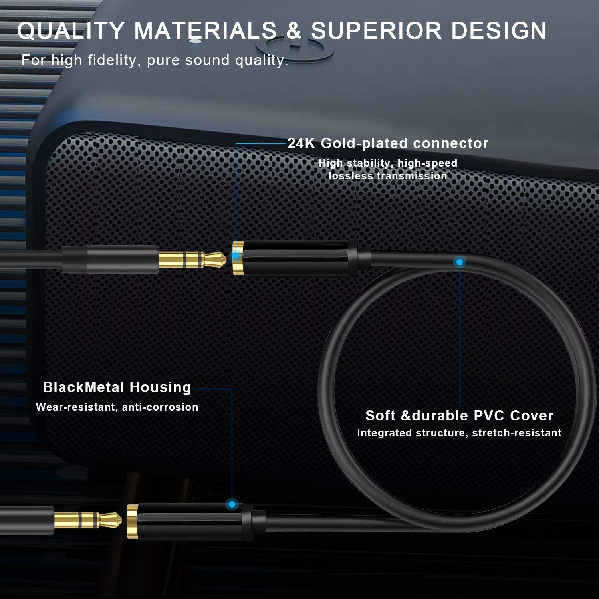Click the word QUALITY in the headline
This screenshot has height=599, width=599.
(71, 31)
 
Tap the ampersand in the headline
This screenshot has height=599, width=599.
(294, 31)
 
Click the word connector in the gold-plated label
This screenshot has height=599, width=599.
(451, 143)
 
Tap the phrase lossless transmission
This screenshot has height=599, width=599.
(388, 176)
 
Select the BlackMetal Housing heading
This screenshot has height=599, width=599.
(117, 387)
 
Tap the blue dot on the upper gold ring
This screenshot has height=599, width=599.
(236, 255)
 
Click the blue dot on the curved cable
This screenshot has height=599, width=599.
(460, 262)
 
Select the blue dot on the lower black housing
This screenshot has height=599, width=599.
(232, 504)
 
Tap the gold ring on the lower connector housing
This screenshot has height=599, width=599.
(132, 522)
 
